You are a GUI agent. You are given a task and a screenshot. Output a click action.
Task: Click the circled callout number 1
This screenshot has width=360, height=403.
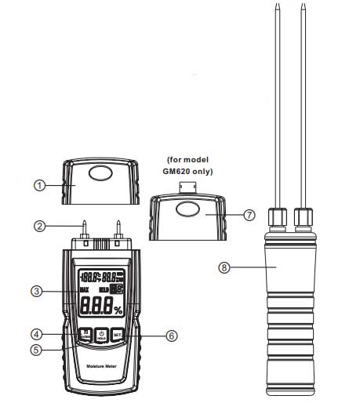coord(38,186)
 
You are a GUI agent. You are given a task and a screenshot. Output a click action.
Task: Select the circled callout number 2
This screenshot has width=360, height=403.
coord(38,227)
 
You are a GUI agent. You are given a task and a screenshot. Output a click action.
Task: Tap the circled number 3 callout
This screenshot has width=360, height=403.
coord(37,292)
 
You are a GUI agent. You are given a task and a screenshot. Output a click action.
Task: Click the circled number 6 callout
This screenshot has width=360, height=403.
coord(172,336)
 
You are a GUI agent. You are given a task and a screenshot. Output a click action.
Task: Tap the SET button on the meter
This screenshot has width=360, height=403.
coord(118,335)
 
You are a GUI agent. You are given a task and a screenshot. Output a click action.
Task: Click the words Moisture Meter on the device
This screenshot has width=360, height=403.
coord(100,366)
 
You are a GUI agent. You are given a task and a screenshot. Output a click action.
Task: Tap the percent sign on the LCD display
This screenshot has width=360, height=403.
coord(118,310)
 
